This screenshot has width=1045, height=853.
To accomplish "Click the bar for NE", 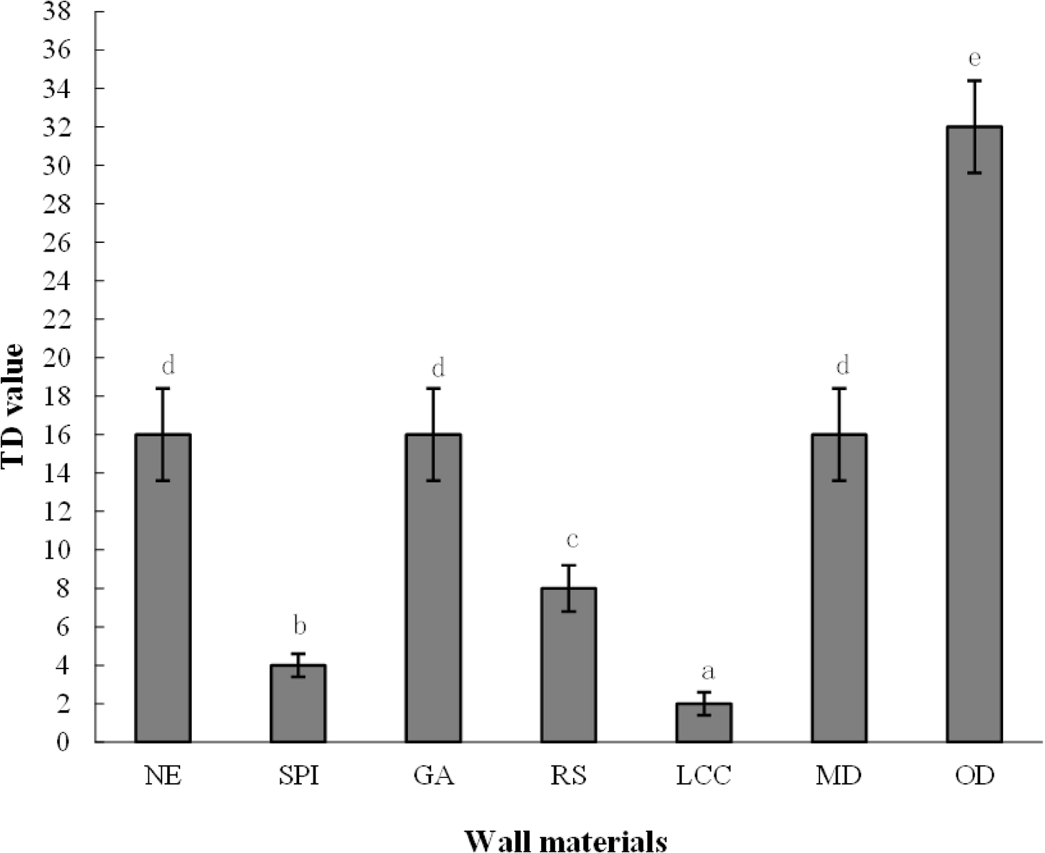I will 163,588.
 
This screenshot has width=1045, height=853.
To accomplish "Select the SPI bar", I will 298,703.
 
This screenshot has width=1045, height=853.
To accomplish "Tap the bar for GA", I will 434,588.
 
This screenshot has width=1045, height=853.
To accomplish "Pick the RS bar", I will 569,665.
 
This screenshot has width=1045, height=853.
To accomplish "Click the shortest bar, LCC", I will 704,722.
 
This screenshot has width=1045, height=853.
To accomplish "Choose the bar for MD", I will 839,588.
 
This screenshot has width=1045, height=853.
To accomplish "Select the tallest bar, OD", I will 974,434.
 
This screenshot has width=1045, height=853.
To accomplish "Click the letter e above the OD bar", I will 974,58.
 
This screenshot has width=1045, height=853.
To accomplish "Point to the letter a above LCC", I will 708,672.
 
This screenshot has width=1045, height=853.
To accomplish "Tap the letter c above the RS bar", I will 572,539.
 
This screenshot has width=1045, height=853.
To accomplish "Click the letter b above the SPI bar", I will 299,626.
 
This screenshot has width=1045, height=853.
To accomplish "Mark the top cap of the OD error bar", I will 974,81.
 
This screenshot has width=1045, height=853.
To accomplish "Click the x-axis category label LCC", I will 704,777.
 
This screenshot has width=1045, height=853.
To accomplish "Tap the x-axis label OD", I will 974,777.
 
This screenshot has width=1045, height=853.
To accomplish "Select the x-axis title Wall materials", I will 566,841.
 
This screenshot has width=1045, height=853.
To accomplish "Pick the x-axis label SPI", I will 298,777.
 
